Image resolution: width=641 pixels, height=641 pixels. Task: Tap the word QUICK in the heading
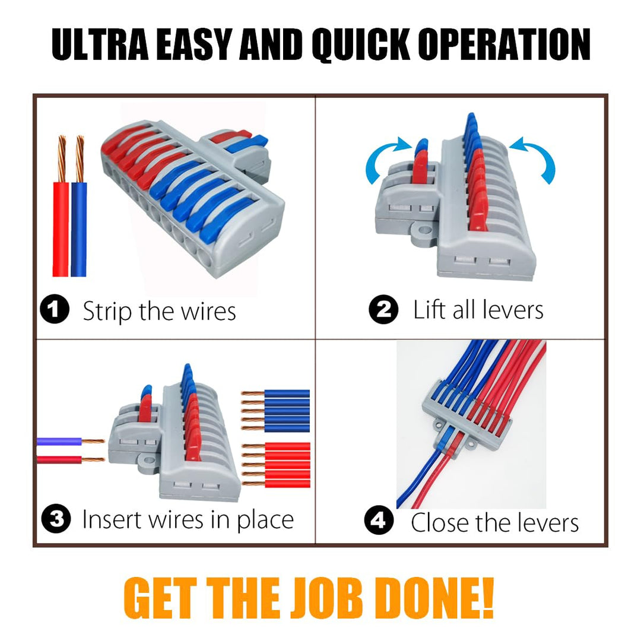pos(361,45)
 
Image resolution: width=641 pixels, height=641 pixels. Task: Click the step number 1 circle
pos(55,309)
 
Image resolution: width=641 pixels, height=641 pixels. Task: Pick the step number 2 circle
pos(383,309)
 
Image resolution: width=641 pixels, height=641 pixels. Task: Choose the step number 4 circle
pos(379,520)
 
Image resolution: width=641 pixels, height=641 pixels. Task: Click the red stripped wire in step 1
pos(61,207)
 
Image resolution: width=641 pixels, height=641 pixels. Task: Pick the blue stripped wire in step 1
pos(79,207)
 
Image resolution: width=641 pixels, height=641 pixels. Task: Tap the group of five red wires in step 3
pos(276,465)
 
